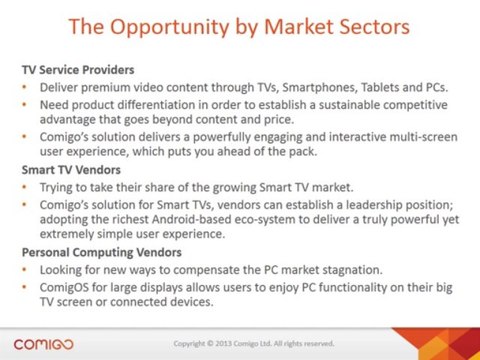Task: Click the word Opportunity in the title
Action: click(x=169, y=28)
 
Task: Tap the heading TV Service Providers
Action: click(x=78, y=70)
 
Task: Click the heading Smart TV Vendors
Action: click(x=71, y=170)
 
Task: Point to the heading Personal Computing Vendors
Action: click(x=102, y=252)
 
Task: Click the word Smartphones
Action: click(x=320, y=87)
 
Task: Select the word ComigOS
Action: click(x=64, y=287)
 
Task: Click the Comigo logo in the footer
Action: click(x=44, y=344)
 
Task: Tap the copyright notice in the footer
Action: click(x=254, y=343)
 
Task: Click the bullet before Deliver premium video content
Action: click(x=24, y=87)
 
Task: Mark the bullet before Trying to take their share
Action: click(x=24, y=187)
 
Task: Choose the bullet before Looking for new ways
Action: click(x=24, y=270)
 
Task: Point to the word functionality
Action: click(x=352, y=287)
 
